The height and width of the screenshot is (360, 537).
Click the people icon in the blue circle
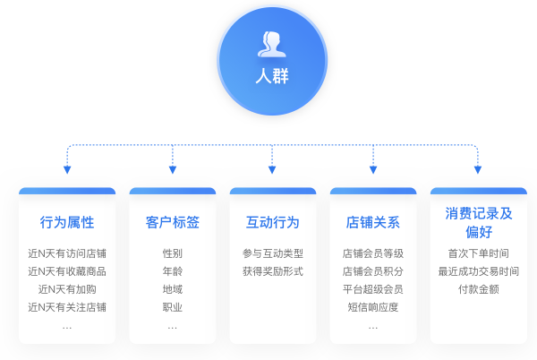click(x=272, y=43)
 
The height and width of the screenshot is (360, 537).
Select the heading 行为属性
click(x=67, y=222)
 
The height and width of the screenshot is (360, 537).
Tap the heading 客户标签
click(x=172, y=222)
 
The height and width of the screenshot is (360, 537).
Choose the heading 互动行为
click(x=272, y=222)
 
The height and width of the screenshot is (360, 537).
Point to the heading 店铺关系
click(x=373, y=222)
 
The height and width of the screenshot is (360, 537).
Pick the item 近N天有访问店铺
click(x=67, y=253)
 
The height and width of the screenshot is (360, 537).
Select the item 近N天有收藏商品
click(x=67, y=271)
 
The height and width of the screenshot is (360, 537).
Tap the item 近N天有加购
click(x=67, y=289)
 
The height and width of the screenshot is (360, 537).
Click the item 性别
click(x=172, y=253)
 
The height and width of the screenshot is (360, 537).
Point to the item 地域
click(x=172, y=289)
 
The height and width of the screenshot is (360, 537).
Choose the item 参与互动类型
click(x=272, y=253)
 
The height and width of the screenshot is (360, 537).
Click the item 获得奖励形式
click(x=272, y=271)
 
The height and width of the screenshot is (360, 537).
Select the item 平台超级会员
click(x=373, y=289)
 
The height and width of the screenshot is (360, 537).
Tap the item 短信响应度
click(x=373, y=307)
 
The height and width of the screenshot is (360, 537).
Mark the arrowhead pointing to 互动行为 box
click(x=272, y=170)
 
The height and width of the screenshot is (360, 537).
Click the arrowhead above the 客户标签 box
click(x=172, y=170)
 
